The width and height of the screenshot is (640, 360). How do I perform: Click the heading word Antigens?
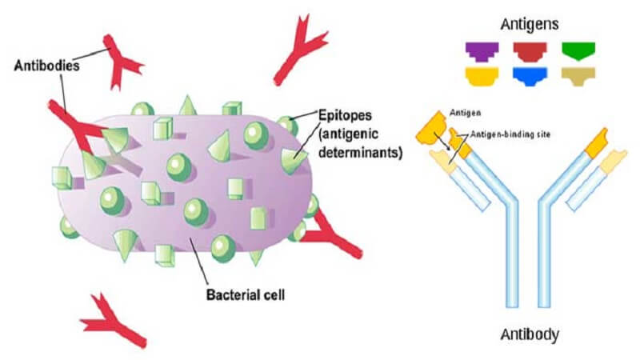[x=529, y=25]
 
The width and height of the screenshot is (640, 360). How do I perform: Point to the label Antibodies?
[x=46, y=66]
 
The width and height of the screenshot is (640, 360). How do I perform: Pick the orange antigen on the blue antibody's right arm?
[x=597, y=143]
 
